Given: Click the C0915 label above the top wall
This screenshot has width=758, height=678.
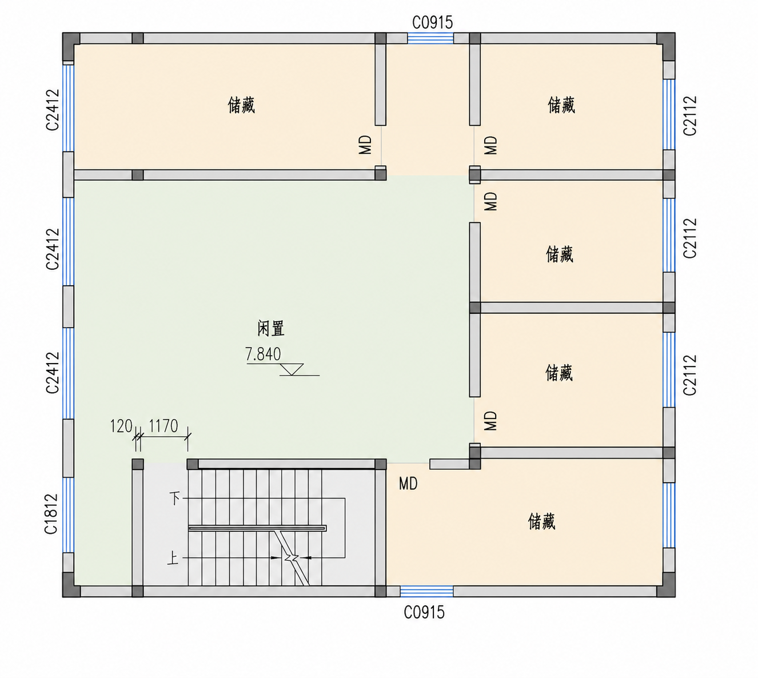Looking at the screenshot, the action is click(x=432, y=23).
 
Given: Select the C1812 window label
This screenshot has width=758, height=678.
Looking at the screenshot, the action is click(x=51, y=514).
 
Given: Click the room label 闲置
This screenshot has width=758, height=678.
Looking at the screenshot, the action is click(x=271, y=328).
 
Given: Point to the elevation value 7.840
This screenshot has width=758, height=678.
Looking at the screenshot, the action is click(x=262, y=354).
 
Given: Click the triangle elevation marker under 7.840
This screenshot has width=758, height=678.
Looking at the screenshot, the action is click(x=292, y=369).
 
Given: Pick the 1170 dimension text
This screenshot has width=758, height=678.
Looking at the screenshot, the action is click(x=163, y=426).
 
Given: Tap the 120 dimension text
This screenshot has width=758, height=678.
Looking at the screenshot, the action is click(x=121, y=426).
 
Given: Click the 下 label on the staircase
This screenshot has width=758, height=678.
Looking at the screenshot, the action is click(x=175, y=498).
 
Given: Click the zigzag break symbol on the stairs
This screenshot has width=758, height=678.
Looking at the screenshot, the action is click(x=292, y=558).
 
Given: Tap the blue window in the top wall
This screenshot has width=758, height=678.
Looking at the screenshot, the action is click(x=430, y=38).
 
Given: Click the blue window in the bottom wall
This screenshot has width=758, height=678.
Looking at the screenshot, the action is click(x=426, y=591).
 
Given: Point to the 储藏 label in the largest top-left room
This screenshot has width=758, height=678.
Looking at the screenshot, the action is click(x=242, y=105).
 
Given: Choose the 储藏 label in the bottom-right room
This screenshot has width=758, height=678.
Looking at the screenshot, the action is click(x=542, y=521).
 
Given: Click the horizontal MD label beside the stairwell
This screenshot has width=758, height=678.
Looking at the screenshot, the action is click(x=408, y=484).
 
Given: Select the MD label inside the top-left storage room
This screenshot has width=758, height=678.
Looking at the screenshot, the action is click(x=365, y=145).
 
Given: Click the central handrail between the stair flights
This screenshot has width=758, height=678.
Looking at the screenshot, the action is click(x=257, y=528).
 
